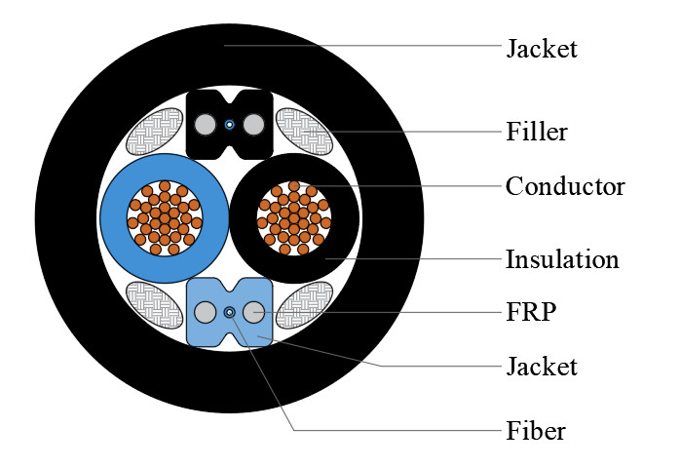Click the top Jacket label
click(541, 48)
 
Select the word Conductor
click(565, 185)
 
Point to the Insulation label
click(562, 259)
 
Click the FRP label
click(530, 312)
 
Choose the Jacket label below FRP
click(541, 367)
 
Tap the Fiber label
click(535, 430)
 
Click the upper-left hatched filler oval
click(156, 131)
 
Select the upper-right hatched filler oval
click(303, 131)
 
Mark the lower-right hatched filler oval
click(303, 306)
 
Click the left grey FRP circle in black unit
click(205, 125)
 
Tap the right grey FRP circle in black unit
click(254, 125)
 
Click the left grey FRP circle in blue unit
click(205, 312)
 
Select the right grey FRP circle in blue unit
click(254, 312)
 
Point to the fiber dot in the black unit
click(229, 125)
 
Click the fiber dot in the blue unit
click(229, 312)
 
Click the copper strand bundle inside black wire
click(294, 218)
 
